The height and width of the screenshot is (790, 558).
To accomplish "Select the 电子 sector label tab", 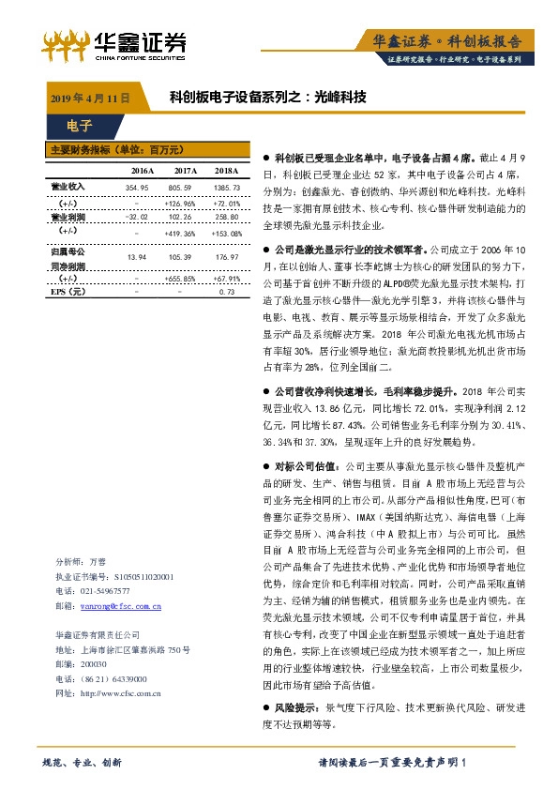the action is coord(79,125).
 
